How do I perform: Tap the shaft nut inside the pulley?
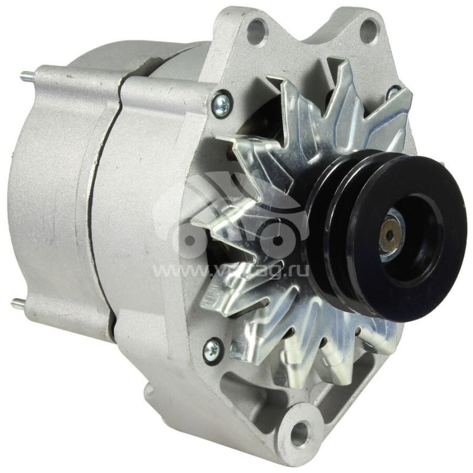tap(388, 235)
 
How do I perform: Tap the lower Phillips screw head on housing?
tap(211, 350)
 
